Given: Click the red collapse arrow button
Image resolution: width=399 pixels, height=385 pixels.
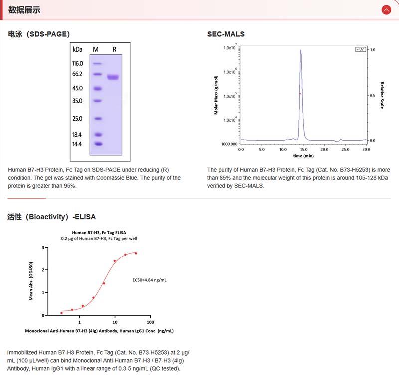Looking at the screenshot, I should click(386, 10).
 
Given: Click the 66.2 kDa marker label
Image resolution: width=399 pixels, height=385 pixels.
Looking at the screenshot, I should click(77, 74).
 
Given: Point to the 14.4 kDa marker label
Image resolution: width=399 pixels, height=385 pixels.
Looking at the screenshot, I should click(77, 144).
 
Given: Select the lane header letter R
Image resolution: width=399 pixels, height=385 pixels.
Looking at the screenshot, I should click(114, 49).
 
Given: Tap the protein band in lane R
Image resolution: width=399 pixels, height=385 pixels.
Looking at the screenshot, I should click(113, 77).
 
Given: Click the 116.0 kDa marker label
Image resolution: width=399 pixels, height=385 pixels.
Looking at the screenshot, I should click(77, 63).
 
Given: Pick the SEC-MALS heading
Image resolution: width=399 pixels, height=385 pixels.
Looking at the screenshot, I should click(226, 34).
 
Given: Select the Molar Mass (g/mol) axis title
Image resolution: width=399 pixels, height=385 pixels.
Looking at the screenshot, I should click(216, 95).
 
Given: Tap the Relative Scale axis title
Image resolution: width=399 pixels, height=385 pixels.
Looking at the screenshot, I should click(382, 95).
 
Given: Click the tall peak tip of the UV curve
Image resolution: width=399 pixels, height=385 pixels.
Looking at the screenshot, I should click(301, 50).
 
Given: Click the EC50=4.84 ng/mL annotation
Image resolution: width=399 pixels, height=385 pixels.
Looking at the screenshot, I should click(149, 280).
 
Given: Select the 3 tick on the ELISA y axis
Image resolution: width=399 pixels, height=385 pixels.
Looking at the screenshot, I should click(43, 248).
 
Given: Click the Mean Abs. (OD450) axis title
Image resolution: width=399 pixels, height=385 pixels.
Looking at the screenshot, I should click(31, 281).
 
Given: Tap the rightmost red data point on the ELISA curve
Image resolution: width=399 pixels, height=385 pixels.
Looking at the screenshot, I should click(136, 253).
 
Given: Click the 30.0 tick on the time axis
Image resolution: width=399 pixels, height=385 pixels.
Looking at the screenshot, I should click(366, 149).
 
